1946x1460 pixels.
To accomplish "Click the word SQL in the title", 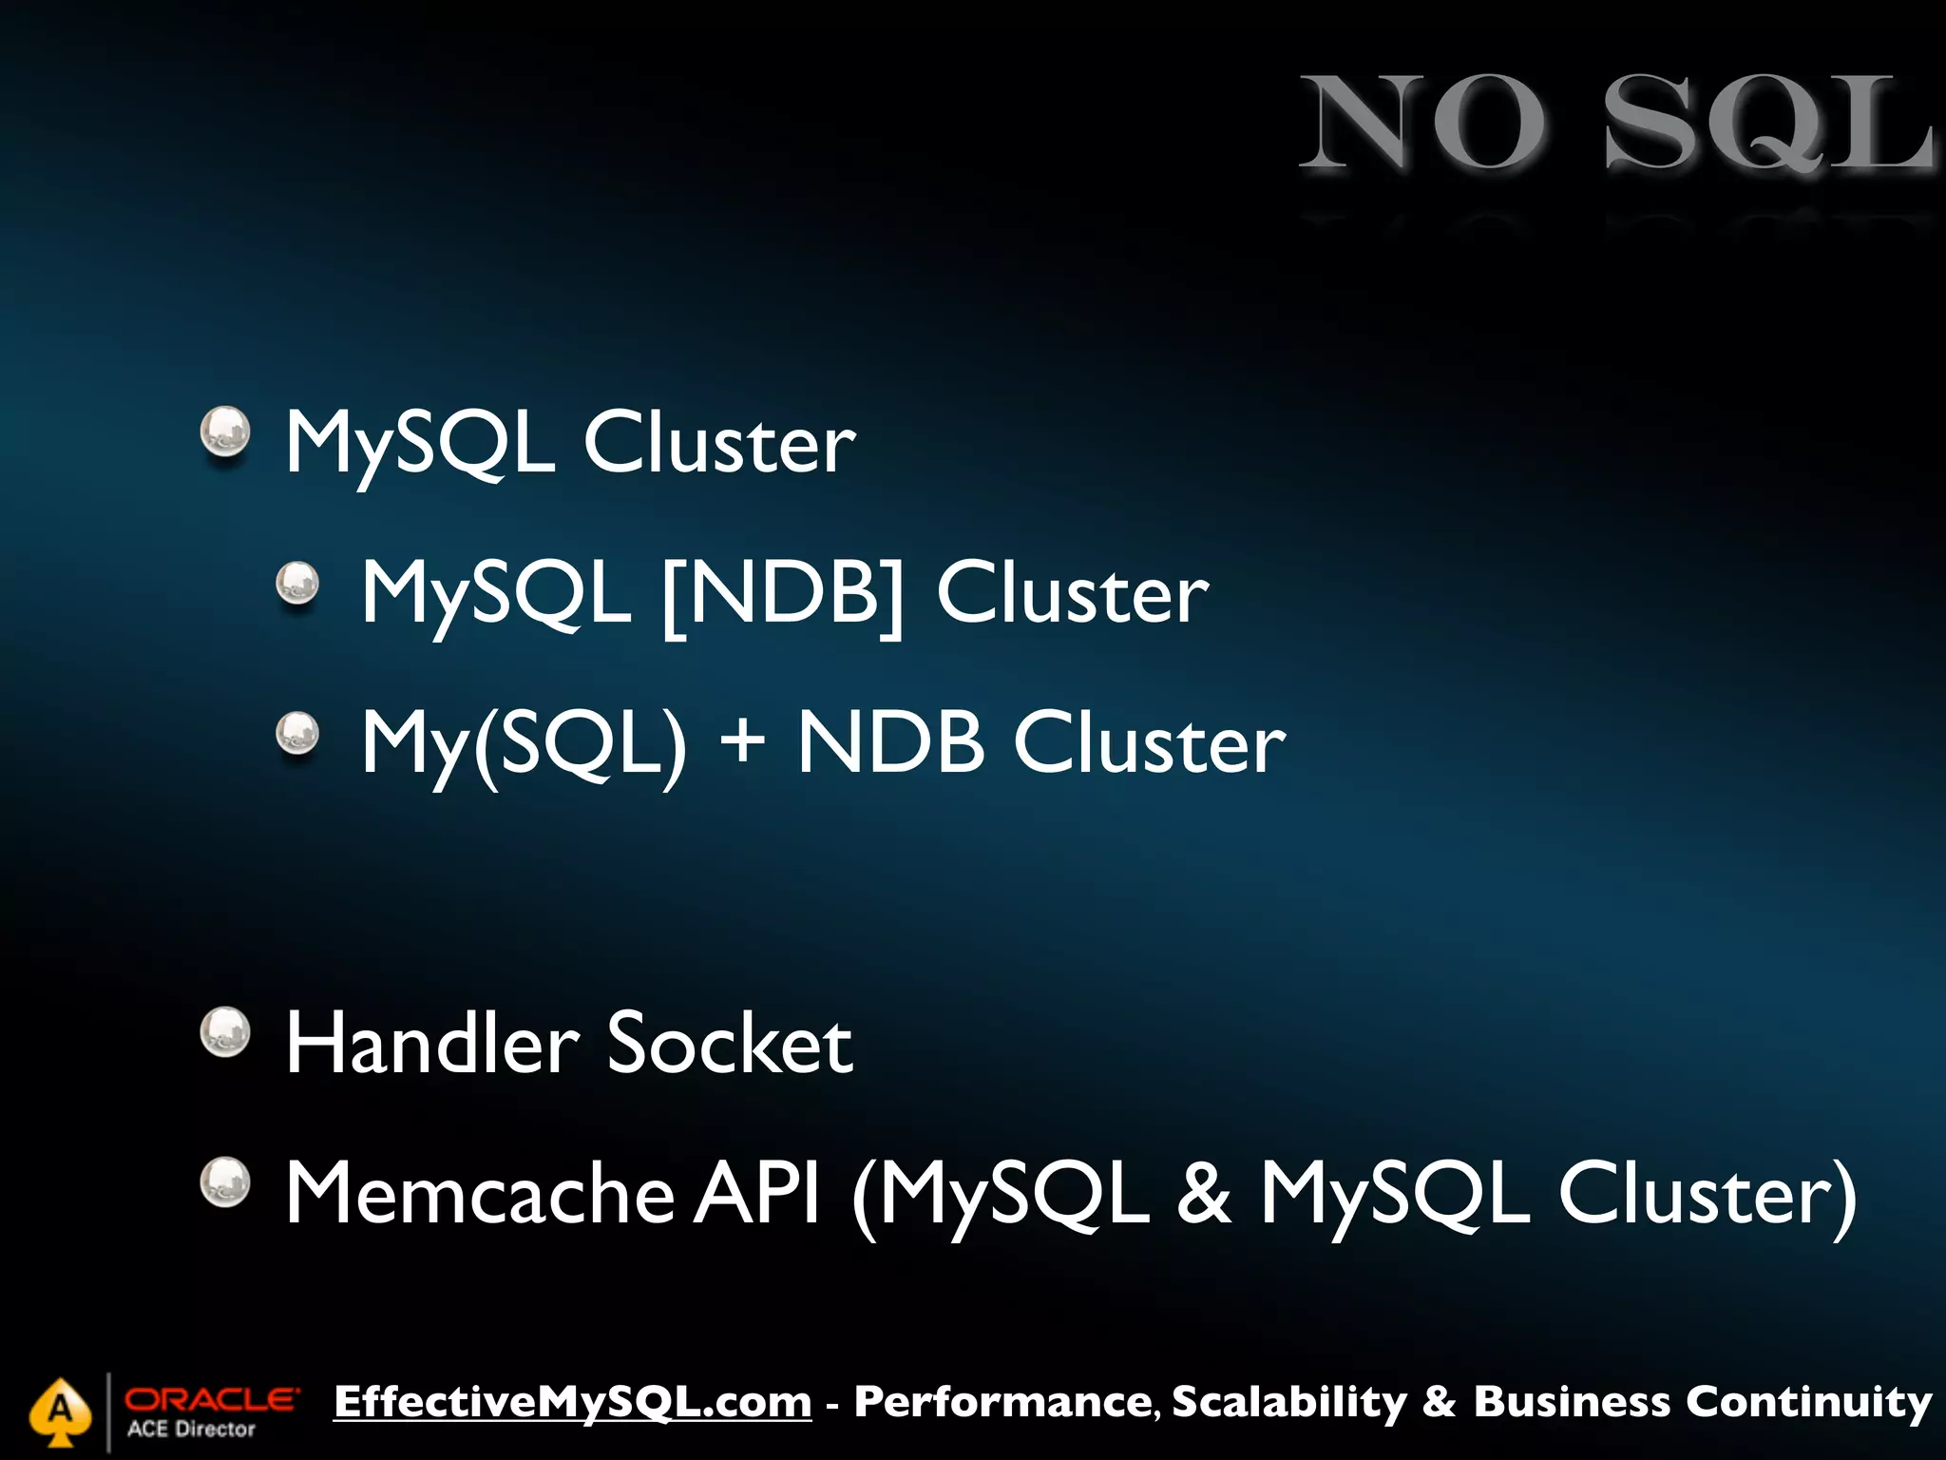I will tap(1767, 124).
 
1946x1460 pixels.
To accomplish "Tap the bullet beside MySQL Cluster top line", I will tap(225, 432).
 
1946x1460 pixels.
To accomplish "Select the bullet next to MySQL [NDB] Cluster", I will tap(297, 583).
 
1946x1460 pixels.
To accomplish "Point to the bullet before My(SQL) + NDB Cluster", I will tap(297, 734).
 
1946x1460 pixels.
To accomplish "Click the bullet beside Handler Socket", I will tap(225, 1032).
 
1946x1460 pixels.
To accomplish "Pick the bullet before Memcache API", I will tap(225, 1182).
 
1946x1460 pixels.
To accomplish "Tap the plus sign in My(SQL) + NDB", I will tap(742, 740).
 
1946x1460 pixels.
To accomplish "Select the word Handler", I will tap(432, 1044).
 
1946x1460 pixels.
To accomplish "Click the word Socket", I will tap(730, 1044).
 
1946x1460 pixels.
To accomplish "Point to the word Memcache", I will tap(480, 1194).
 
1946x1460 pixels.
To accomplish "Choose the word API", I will tap(756, 1194).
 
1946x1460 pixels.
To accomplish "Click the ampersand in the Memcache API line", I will tap(1204, 1194).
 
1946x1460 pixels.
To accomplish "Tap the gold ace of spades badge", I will tap(60, 1411).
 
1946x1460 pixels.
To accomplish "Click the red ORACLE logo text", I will tap(211, 1399).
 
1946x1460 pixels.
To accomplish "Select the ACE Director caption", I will tap(191, 1430).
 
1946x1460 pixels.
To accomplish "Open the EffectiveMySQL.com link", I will tap(573, 1402).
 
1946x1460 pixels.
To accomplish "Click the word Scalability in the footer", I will tap(1289, 1402).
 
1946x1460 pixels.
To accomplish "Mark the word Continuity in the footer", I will tap(1809, 1402).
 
